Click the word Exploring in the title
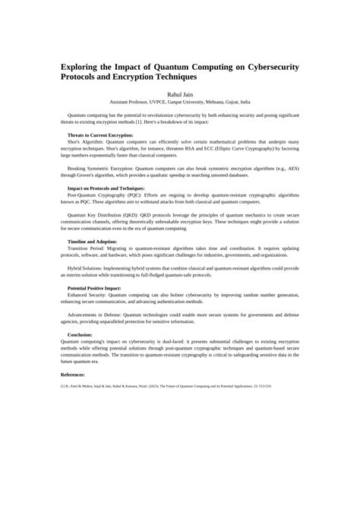click(84, 67)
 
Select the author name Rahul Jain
click(180, 93)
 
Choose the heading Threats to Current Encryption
click(100, 134)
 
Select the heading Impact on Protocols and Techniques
click(106, 188)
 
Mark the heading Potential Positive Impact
click(94, 289)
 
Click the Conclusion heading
click(81, 334)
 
